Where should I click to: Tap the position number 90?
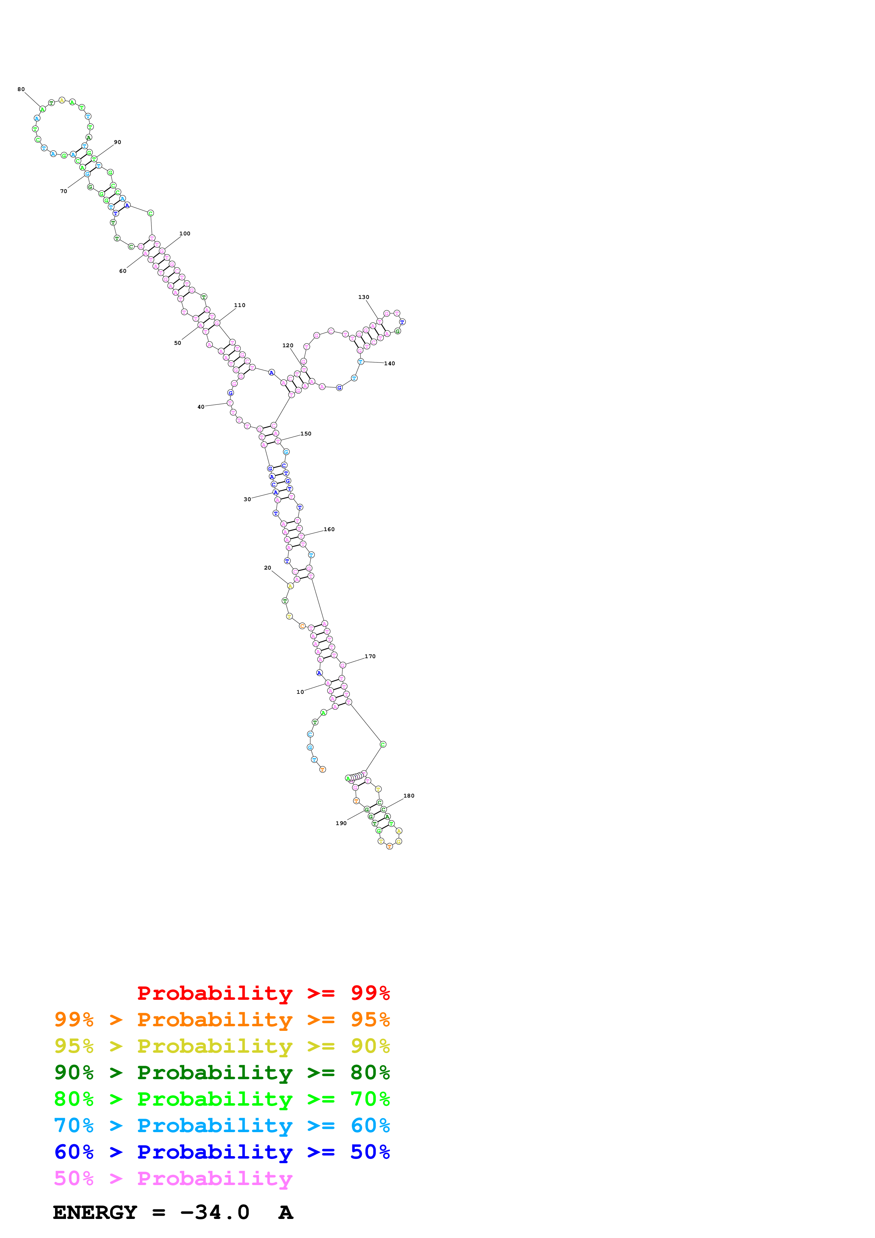pyautogui.click(x=118, y=142)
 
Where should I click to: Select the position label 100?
pyautogui.click(x=185, y=234)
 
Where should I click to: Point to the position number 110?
pyautogui.click(x=240, y=305)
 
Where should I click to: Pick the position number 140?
pyautogui.click(x=389, y=363)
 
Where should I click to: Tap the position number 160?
pyautogui.click(x=329, y=529)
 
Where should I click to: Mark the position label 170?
pyautogui.click(x=370, y=656)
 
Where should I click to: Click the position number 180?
pyautogui.click(x=409, y=796)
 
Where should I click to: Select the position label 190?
pyautogui.click(x=341, y=823)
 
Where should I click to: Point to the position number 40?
pyautogui.click(x=201, y=407)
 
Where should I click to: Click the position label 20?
pyautogui.click(x=268, y=568)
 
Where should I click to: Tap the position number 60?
pyautogui.click(x=123, y=271)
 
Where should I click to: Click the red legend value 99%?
pyautogui.click(x=370, y=993)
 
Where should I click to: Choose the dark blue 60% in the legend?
pyautogui.click(x=74, y=1152)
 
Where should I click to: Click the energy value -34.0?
pyautogui.click(x=215, y=1212)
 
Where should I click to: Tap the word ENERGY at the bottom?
pyautogui.click(x=95, y=1212)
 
